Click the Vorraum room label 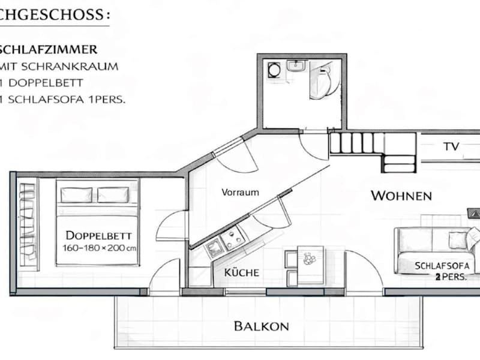[x=241, y=192]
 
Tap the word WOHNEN [x=401, y=196]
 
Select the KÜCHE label [x=242, y=272]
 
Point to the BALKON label [x=262, y=326]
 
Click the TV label [x=452, y=146]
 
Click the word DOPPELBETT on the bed [x=98, y=235]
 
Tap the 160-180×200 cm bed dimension [x=99, y=248]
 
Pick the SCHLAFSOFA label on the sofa [x=442, y=265]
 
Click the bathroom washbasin [x=296, y=66]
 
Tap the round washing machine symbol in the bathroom [x=273, y=70]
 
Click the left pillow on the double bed [x=76, y=195]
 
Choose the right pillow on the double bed [x=113, y=195]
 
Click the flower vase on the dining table [x=309, y=259]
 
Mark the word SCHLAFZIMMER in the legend [x=49, y=50]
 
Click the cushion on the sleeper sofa [x=458, y=239]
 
